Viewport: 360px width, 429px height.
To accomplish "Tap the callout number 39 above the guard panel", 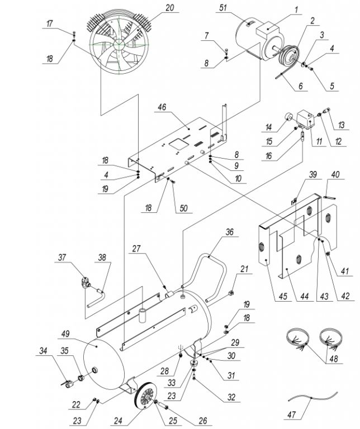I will (313, 175).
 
